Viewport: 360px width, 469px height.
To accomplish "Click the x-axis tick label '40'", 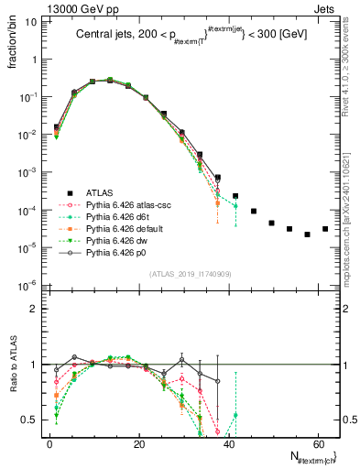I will coord(227,445).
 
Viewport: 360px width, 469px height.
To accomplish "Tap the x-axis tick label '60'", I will coord(316,445).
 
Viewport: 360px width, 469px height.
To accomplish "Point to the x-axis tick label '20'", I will coord(138,445).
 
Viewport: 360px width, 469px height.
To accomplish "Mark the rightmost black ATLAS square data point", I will coord(325,229).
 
